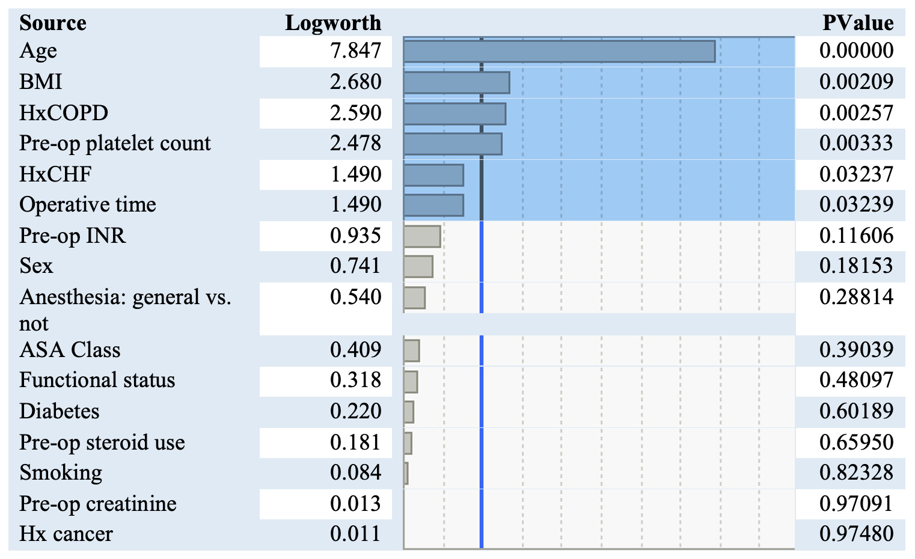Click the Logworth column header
click(332, 23)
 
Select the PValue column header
click(857, 23)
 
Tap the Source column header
click(53, 23)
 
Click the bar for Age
click(559, 52)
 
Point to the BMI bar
click(456, 82)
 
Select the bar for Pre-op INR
click(422, 236)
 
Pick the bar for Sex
click(418, 266)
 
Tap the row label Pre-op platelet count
click(115, 144)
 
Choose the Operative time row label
click(88, 205)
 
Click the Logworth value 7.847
click(355, 51)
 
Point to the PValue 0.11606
click(856, 236)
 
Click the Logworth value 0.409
click(355, 350)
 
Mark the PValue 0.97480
click(856, 534)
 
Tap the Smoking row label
click(61, 472)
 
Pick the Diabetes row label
click(60, 411)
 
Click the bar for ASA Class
click(411, 350)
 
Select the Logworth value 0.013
click(355, 504)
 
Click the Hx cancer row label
click(66, 534)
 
